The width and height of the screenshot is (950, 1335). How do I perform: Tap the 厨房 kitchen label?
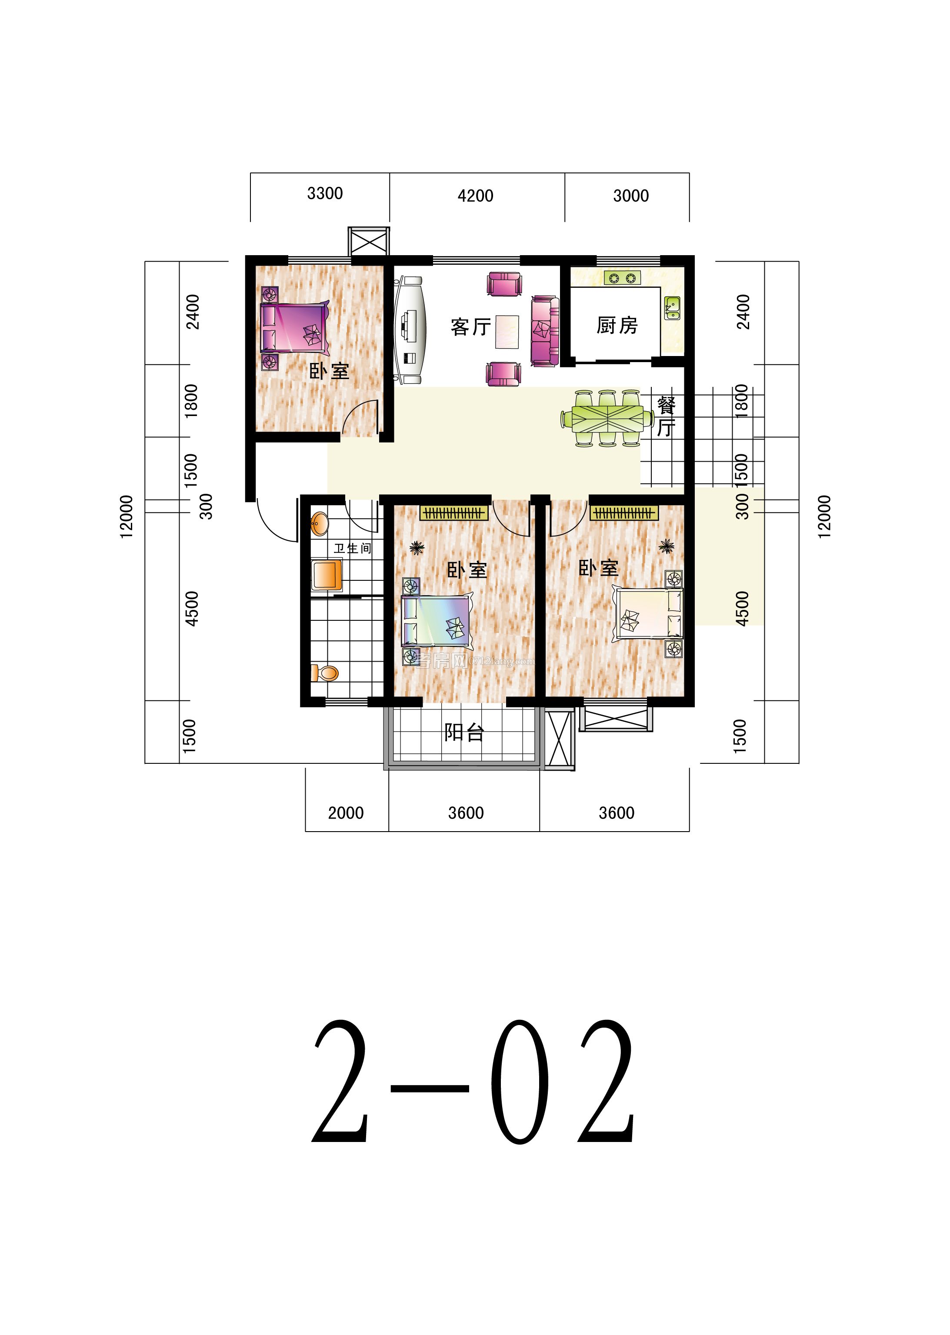pyautogui.click(x=617, y=325)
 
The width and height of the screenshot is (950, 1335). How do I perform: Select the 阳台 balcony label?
pyautogui.click(x=464, y=732)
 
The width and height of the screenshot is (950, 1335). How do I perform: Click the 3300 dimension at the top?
pyautogui.click(x=325, y=193)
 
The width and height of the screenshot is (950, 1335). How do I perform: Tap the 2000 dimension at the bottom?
pyautogui.click(x=346, y=813)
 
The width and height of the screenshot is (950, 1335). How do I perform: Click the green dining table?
pyautogui.click(x=607, y=419)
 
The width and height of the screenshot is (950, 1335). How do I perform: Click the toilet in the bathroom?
pyautogui.click(x=325, y=673)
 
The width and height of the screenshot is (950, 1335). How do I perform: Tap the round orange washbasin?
pyautogui.click(x=320, y=523)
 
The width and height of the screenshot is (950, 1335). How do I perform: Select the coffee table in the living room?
pyautogui.click(x=507, y=332)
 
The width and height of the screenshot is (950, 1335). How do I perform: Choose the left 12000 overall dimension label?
pyautogui.click(x=126, y=516)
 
